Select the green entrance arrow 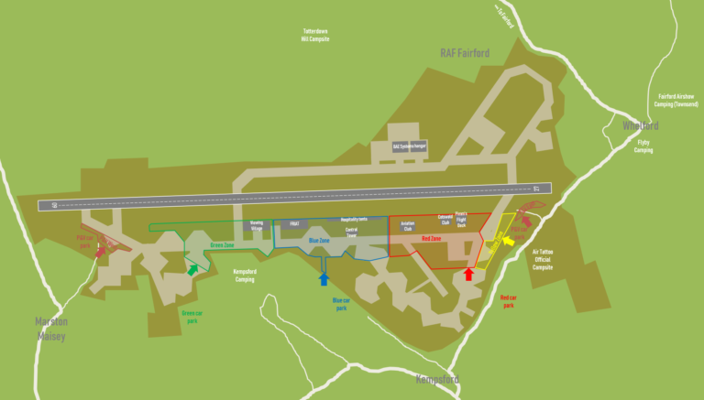192,269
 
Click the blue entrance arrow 323,278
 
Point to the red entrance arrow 468,273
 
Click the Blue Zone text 318,241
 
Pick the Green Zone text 222,245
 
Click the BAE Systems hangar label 410,146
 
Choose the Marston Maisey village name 51,327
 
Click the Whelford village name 640,125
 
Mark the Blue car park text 341,304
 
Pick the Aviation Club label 407,225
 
